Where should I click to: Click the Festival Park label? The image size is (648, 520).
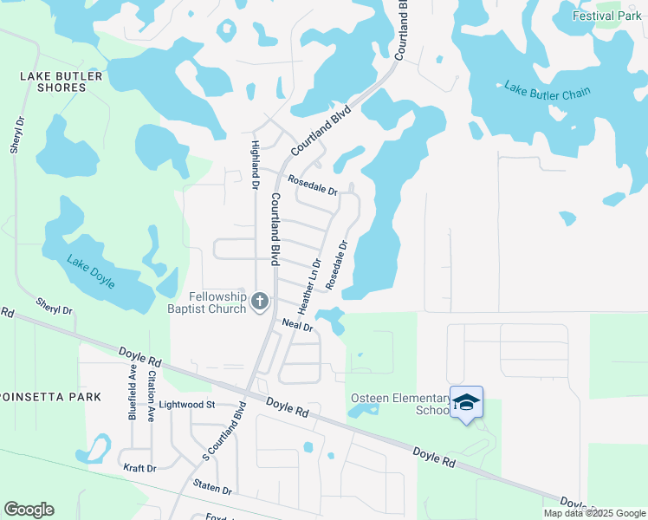(606, 16)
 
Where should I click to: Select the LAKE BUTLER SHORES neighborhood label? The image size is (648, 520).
(62, 82)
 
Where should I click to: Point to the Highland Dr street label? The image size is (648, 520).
(256, 165)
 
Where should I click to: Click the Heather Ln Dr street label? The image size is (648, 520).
(309, 286)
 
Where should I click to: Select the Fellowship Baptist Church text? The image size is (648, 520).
(205, 302)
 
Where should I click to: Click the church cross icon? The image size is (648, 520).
(259, 302)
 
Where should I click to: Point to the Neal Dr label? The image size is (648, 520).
(297, 325)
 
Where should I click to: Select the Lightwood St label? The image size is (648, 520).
(186, 405)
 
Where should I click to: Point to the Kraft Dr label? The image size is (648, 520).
(139, 468)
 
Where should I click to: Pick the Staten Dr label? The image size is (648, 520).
(212, 490)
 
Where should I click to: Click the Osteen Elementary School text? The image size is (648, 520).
(399, 404)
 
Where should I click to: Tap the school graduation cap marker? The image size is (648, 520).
(466, 402)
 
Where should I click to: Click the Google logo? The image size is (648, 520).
(29, 510)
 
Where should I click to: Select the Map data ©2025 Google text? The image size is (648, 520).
(593, 513)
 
